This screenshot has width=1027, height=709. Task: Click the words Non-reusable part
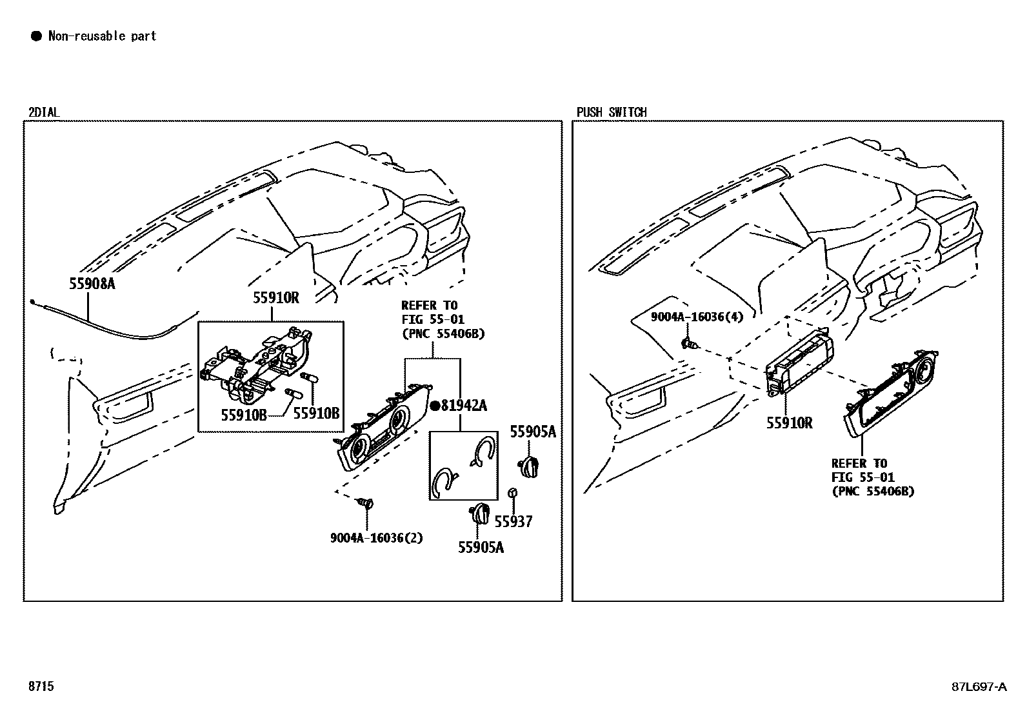102,35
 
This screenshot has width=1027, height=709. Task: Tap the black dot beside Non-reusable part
36,35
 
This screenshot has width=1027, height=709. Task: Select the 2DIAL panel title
44,112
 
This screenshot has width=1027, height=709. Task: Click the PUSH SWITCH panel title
612,112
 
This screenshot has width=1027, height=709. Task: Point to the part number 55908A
92,284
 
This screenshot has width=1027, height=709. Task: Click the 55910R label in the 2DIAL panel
276,297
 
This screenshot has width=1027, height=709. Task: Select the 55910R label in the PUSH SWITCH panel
789,423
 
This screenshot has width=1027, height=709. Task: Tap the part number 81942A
464,405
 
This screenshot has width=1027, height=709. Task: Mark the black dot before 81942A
435,405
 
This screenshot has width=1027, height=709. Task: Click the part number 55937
513,521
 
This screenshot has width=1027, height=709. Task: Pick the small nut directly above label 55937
513,493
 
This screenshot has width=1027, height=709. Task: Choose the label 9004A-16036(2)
376,537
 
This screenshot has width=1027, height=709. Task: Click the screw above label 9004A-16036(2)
366,504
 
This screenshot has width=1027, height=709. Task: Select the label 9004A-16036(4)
697,316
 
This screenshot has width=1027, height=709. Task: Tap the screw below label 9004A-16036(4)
690,343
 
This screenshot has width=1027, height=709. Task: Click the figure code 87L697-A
979,686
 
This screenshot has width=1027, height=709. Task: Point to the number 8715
41,686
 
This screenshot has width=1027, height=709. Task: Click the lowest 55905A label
481,547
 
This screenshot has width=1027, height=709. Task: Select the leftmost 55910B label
244,415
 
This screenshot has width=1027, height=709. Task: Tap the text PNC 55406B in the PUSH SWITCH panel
873,491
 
